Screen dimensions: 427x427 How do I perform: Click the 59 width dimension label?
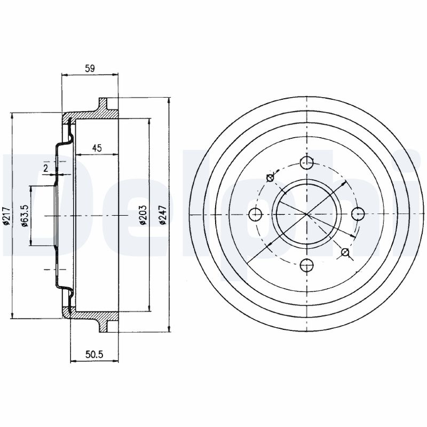(90, 68)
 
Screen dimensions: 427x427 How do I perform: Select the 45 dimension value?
(97, 148)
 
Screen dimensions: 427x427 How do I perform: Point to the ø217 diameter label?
(6, 216)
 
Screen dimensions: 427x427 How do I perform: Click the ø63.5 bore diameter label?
(25, 216)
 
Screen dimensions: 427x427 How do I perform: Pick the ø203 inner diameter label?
(143, 215)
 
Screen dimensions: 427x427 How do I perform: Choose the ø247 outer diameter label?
(163, 215)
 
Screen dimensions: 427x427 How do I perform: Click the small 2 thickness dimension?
(45, 168)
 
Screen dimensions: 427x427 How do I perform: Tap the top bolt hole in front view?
(306, 163)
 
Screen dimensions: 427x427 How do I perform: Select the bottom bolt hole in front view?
(306, 265)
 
